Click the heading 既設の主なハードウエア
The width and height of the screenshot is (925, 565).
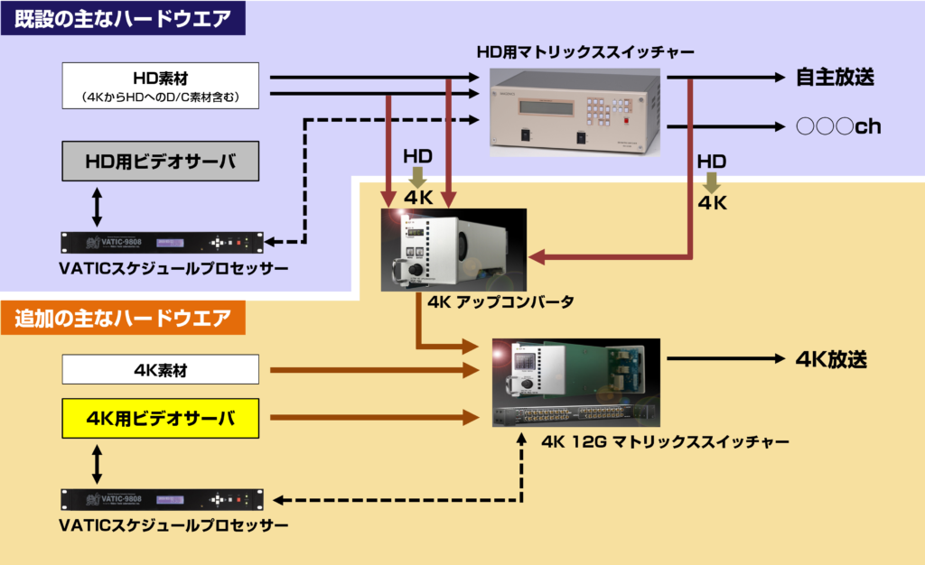[122, 17]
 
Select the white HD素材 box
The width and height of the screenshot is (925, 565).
[161, 84]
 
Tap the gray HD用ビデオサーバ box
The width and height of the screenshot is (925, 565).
[161, 162]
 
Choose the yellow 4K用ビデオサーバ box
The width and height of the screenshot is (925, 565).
[161, 419]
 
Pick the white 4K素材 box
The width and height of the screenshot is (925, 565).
[161, 369]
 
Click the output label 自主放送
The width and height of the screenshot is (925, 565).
[835, 78]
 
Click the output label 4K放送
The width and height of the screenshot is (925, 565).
[831, 359]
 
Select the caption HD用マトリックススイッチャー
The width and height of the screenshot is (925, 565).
[575, 52]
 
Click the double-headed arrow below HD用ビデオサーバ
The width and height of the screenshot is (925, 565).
[98, 207]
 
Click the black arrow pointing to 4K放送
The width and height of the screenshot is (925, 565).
[723, 359]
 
